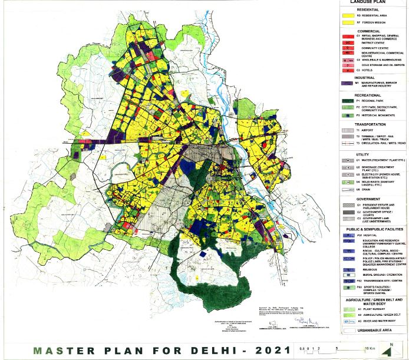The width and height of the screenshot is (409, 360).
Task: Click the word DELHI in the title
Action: (212, 350)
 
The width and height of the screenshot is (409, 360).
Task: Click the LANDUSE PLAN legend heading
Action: (371, 2)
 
